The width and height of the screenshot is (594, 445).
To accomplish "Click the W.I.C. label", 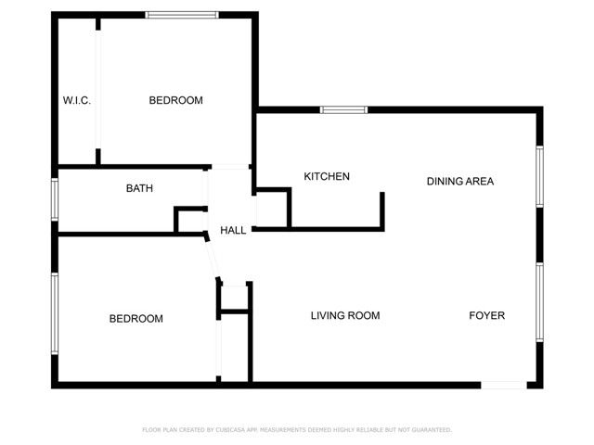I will pos(76,100).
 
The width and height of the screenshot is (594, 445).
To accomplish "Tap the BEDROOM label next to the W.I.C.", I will pos(175,100).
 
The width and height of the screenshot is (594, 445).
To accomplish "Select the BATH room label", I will pos(139,188).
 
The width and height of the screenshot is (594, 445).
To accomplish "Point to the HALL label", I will pos(233,230).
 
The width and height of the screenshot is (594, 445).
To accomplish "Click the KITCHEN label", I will pos(327,176).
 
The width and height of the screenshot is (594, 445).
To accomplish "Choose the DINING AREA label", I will pos(459,181).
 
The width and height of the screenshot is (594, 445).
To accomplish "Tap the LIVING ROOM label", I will pos(344,316).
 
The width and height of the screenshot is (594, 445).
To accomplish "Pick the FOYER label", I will pos(486,316).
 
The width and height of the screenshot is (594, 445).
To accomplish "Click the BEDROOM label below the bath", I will pos(136,319).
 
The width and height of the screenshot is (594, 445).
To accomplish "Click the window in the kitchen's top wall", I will pos(343,110).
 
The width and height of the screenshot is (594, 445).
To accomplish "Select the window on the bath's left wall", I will pos(54,199).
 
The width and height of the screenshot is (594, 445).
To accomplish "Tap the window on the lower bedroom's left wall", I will pos(54,312).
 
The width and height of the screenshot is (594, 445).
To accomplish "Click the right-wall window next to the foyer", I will pos(539,302).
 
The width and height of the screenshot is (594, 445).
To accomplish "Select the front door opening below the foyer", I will pos(503,385).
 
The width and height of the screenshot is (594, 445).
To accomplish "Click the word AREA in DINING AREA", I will pos(480,181).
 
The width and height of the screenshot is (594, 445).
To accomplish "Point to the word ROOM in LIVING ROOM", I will pos(363,316).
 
